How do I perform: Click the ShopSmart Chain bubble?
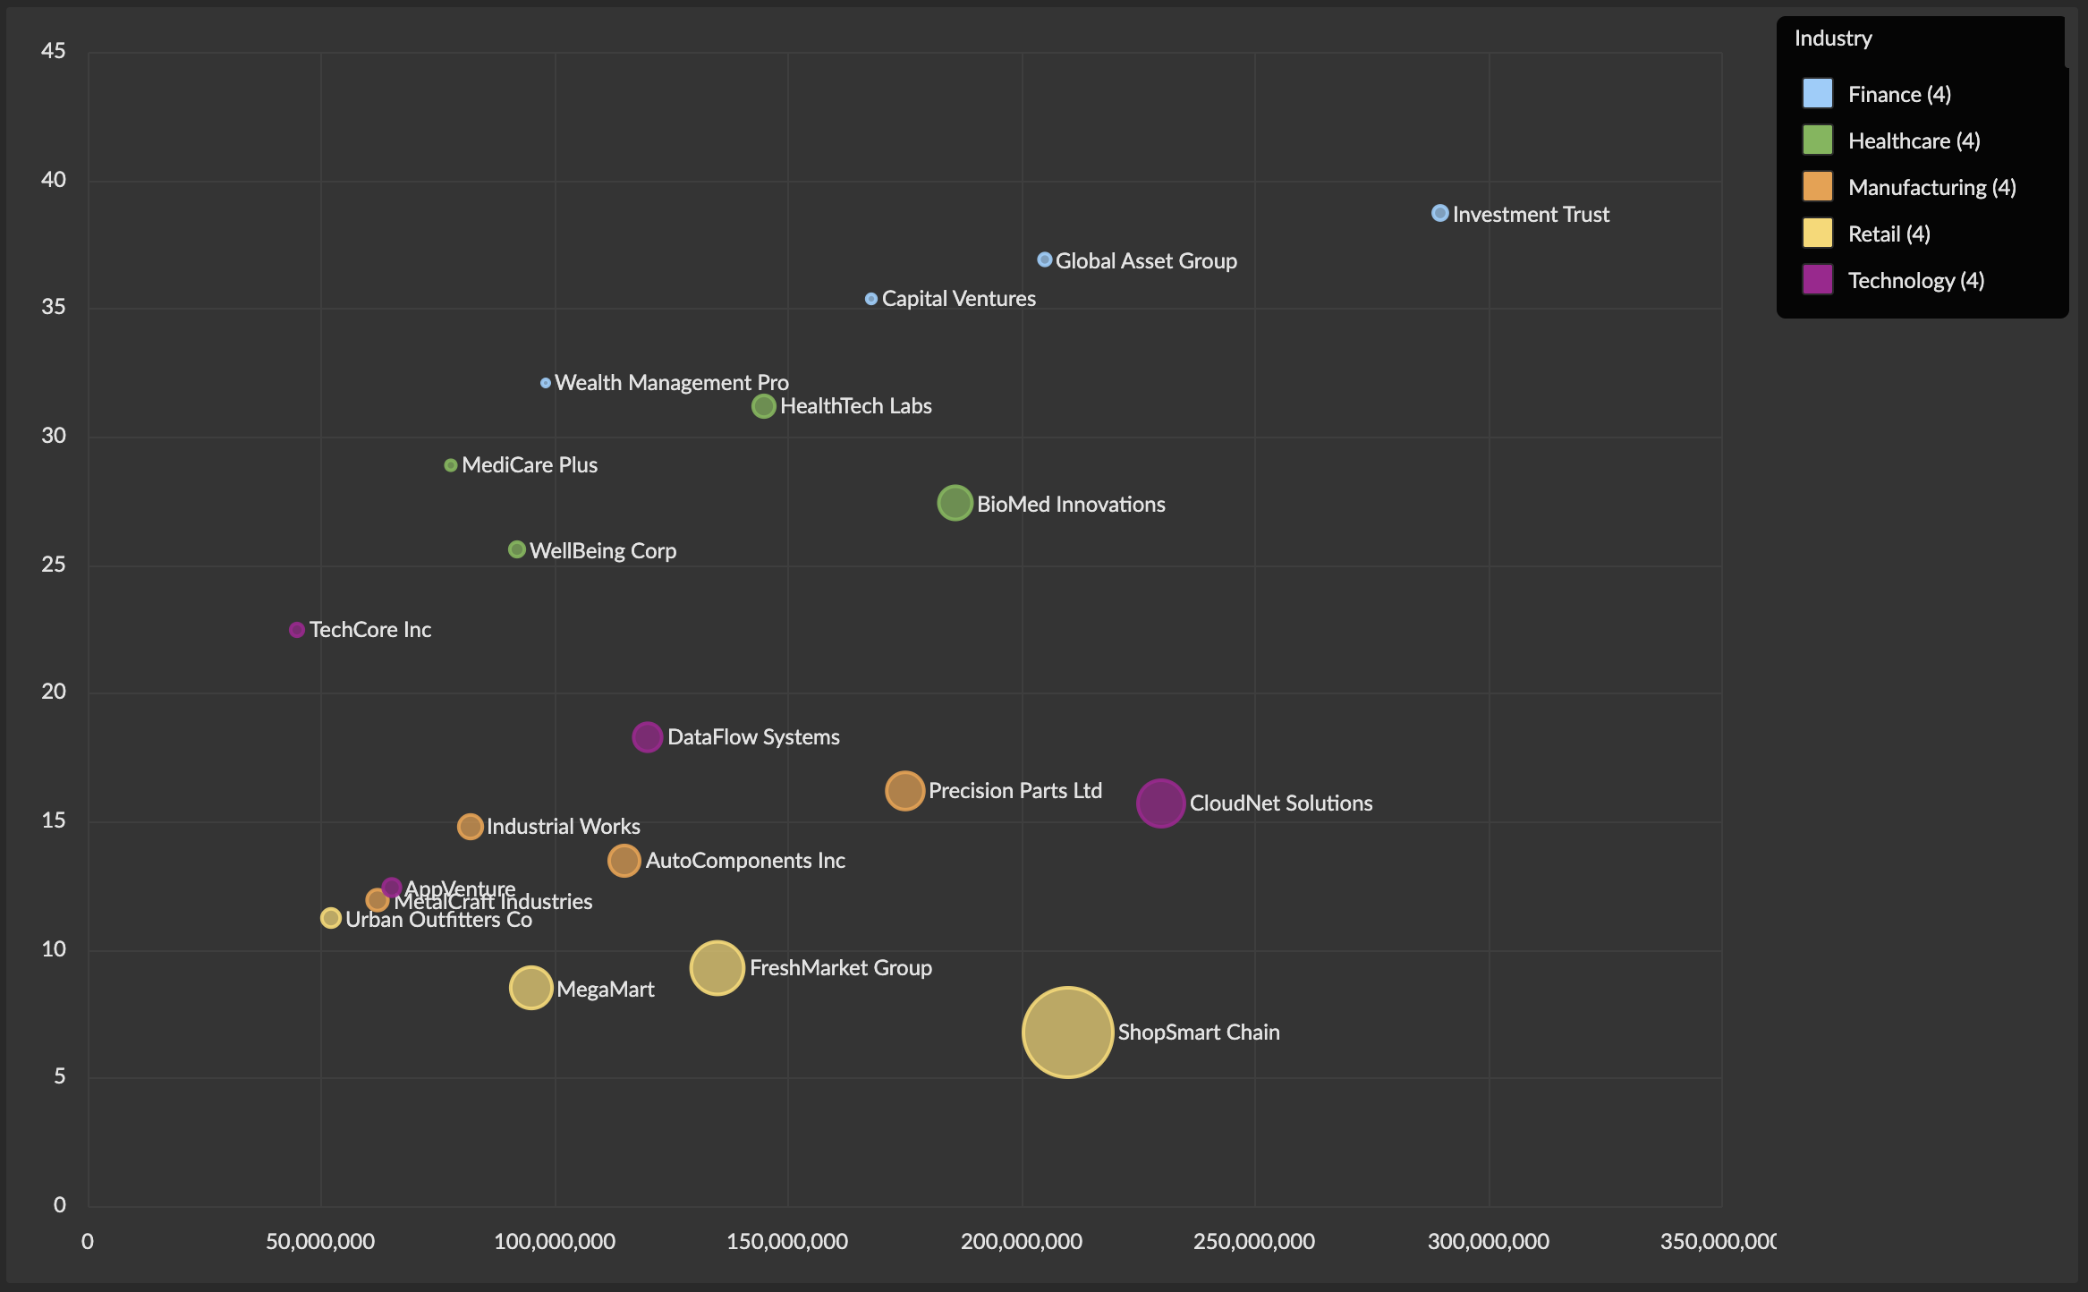(1067, 1032)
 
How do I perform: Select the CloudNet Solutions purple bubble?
(1160, 803)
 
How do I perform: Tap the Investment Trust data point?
(1439, 213)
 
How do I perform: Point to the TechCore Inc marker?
(297, 630)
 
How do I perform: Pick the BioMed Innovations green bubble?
(955, 503)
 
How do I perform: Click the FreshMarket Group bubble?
(717, 967)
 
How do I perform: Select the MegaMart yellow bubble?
(530, 988)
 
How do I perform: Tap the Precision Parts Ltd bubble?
(904, 790)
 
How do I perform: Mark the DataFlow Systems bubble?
(647, 737)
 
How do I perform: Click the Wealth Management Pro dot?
(546, 383)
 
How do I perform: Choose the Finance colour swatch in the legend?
(1817, 93)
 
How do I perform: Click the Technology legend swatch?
(1817, 279)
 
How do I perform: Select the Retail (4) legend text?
(1889, 234)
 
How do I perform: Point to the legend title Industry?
(1832, 38)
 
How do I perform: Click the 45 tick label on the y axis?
(54, 51)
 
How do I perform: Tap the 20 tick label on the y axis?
(54, 691)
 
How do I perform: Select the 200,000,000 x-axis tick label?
(1021, 1242)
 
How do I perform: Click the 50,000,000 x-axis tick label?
(320, 1242)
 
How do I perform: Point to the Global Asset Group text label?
(1146, 260)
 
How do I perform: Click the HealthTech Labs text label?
(855, 406)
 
